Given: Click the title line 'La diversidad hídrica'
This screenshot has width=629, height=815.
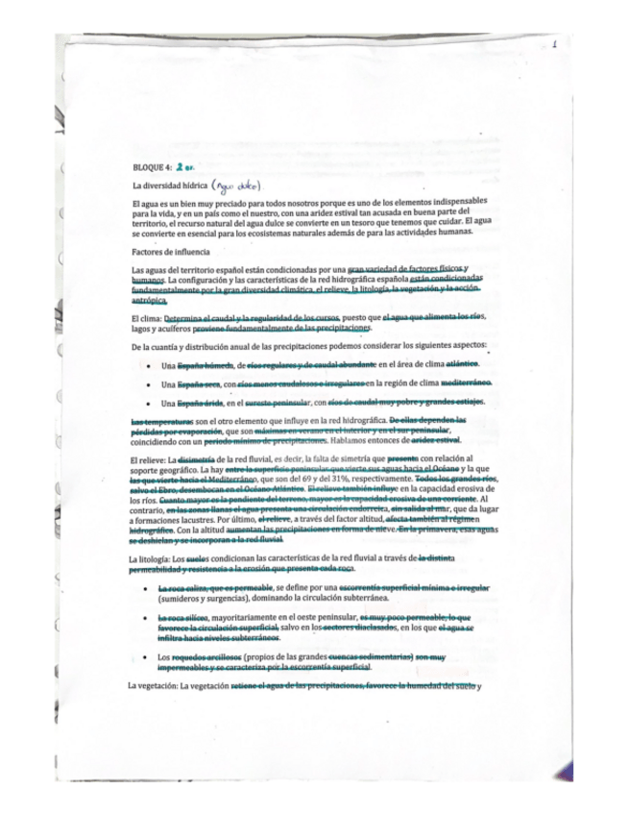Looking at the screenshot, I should [166, 185].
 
